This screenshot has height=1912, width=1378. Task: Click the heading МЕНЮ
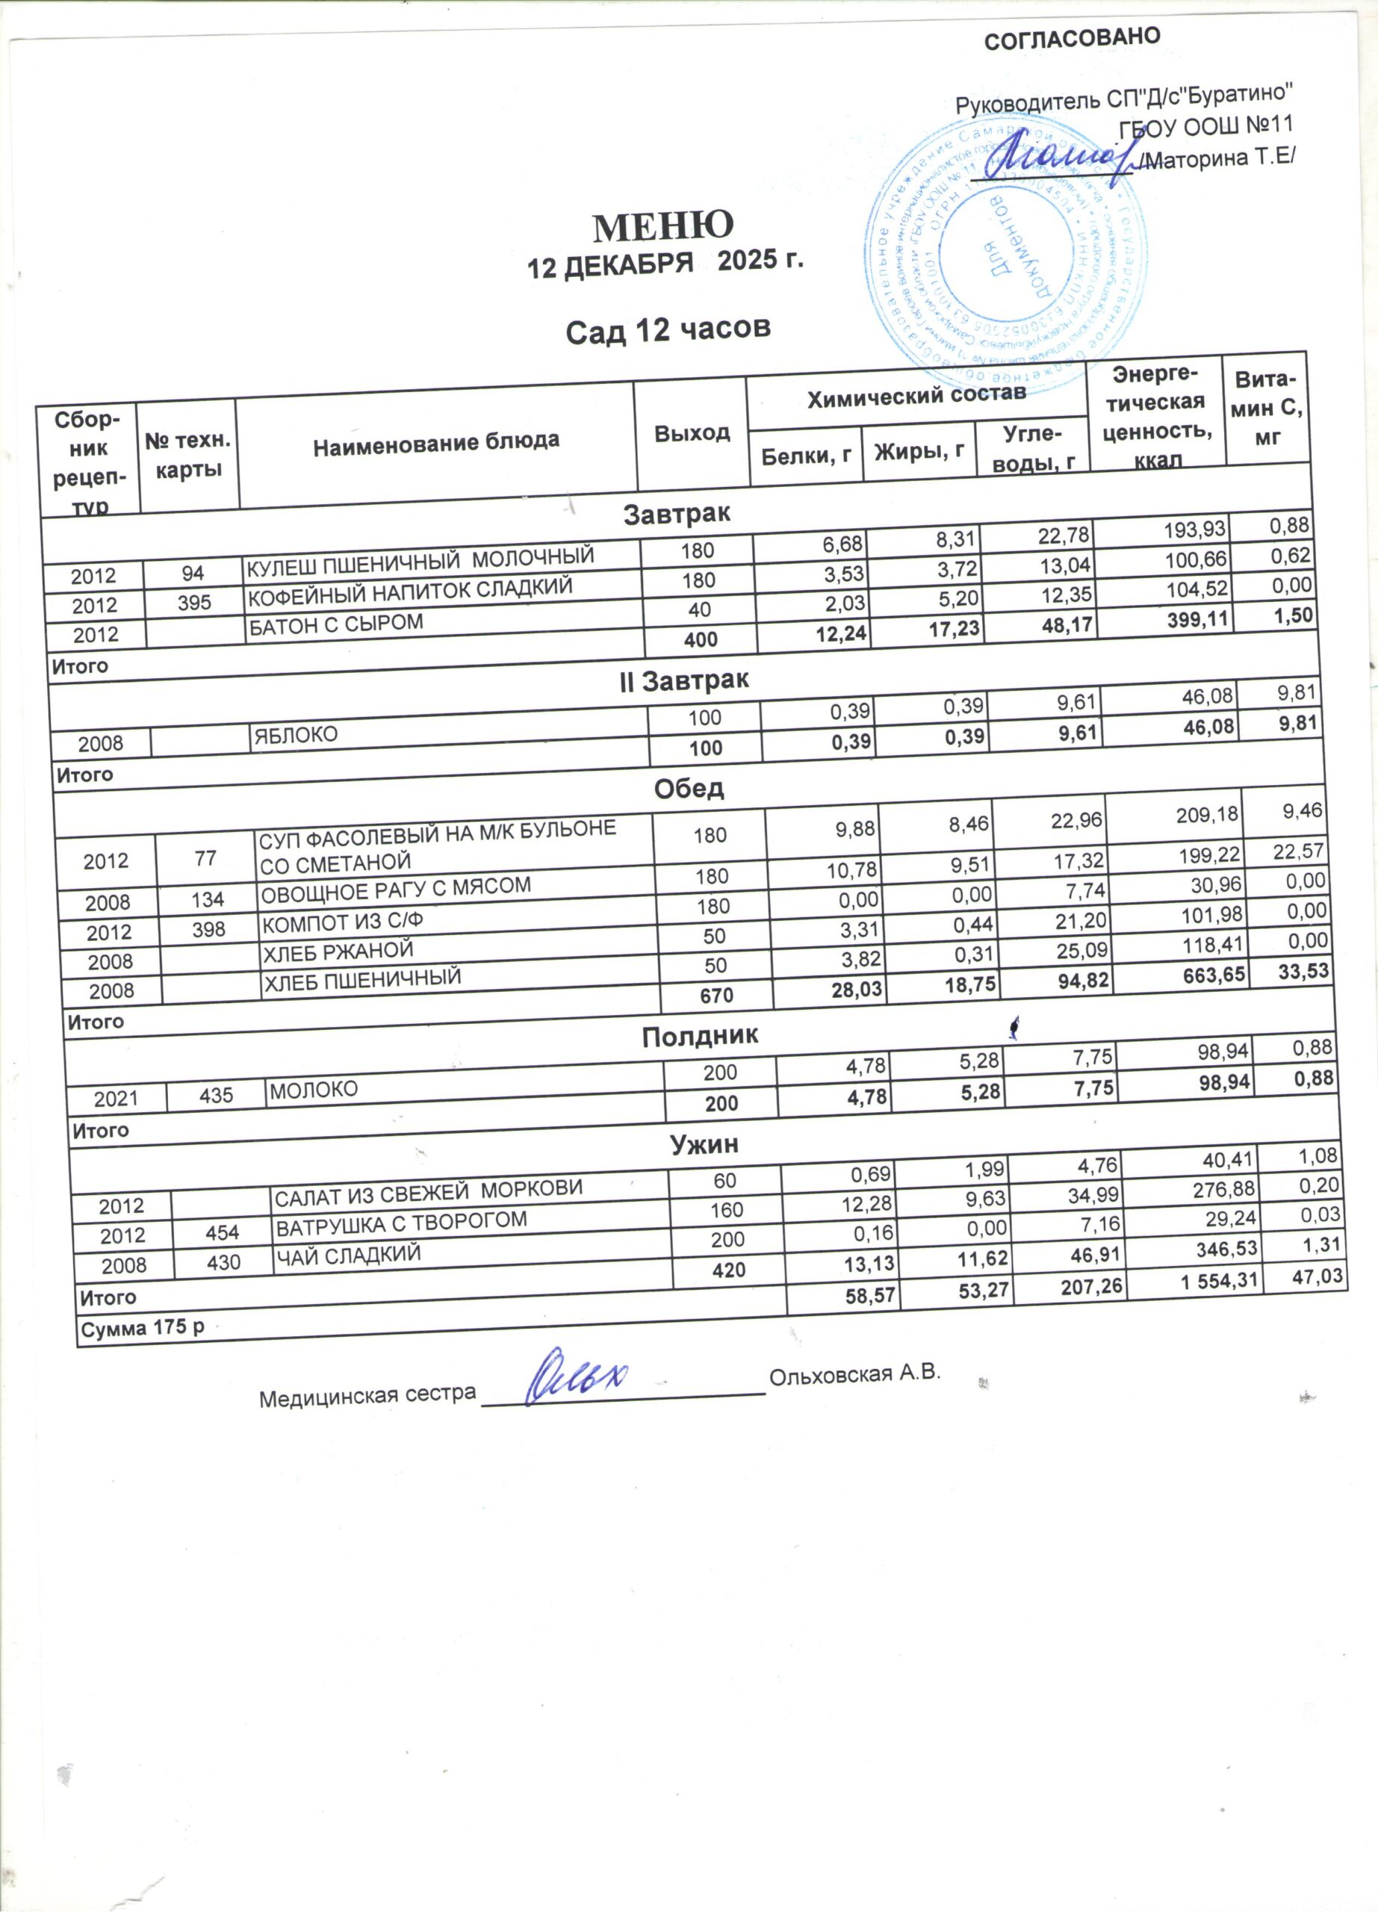tap(664, 225)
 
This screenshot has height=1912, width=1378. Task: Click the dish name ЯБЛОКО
tap(295, 735)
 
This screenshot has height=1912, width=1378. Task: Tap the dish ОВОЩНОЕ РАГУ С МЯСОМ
tap(396, 889)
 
